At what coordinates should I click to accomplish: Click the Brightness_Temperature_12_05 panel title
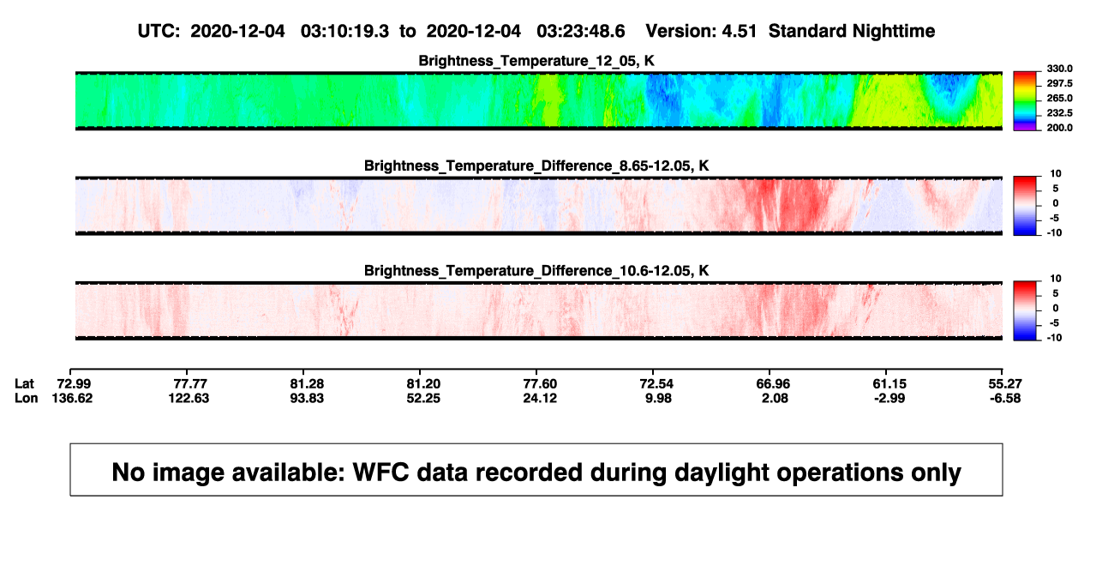coord(536,61)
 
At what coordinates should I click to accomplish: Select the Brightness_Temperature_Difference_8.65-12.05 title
coord(536,166)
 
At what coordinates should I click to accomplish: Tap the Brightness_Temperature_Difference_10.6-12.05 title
coord(536,271)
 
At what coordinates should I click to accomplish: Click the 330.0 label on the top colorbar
coord(1059,69)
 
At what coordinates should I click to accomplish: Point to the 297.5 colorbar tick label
coord(1059,84)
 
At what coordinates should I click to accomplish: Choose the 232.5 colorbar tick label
coord(1059,113)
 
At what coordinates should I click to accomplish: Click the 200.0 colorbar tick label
coord(1059,128)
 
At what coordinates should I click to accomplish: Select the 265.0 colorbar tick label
coord(1059,98)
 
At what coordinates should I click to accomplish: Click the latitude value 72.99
coord(74,384)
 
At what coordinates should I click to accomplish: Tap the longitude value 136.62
coord(72,398)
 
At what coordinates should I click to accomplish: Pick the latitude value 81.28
coord(307,384)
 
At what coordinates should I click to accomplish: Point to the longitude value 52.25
coord(423,398)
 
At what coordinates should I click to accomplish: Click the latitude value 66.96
coord(773,384)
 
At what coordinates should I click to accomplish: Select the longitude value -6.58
coord(1005,398)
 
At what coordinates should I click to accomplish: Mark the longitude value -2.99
coord(889,398)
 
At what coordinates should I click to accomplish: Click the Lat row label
coord(24,384)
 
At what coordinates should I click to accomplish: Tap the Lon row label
coord(27,398)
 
